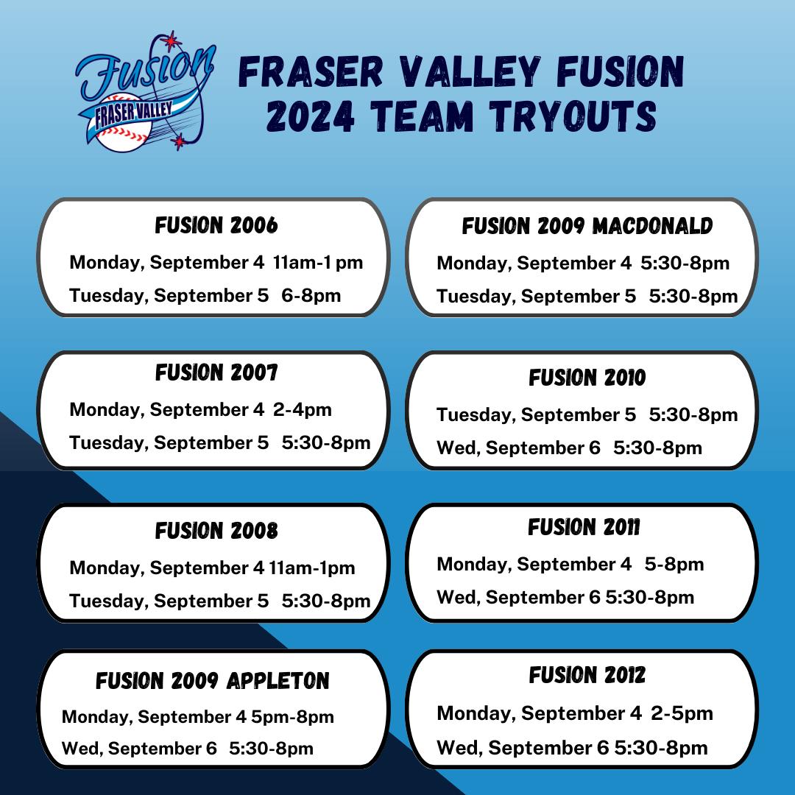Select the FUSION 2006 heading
(216, 226)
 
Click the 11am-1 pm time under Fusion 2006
(318, 263)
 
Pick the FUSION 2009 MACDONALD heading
(587, 226)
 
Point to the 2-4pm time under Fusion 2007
(303, 410)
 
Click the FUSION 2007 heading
(216, 372)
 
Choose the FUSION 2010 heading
(587, 378)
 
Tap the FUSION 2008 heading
(216, 531)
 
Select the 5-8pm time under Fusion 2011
(674, 565)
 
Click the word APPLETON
(278, 681)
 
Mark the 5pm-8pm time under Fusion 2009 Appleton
(292, 717)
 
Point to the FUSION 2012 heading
(587, 675)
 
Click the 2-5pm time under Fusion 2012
(682, 713)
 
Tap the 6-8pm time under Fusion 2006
(311, 296)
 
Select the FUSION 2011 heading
(584, 527)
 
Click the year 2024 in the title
(311, 116)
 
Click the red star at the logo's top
(172, 40)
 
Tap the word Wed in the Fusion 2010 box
(456, 448)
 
